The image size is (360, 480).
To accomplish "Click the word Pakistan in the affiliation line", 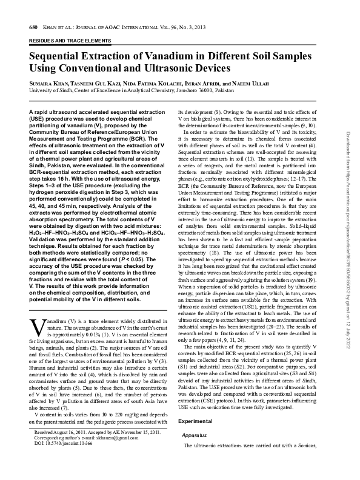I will pos(222,90).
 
